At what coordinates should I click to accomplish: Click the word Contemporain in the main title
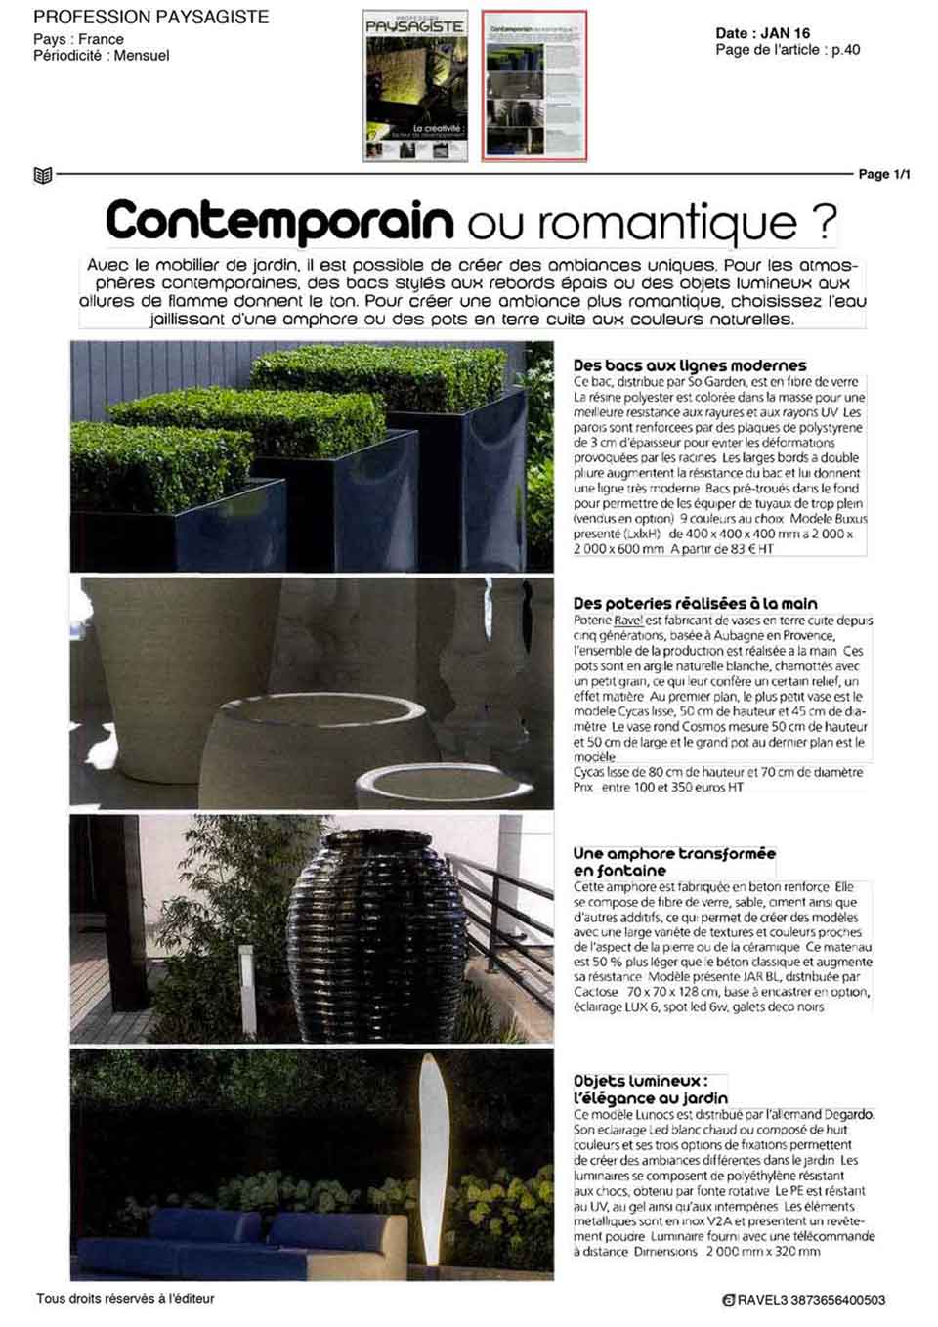[278, 221]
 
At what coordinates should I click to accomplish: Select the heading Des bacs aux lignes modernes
[690, 365]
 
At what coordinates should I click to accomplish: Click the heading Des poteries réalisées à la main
[695, 603]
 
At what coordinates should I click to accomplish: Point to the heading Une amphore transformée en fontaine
[673, 861]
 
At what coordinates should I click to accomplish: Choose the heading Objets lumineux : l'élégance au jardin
[650, 1089]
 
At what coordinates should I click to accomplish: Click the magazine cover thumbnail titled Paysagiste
[415, 86]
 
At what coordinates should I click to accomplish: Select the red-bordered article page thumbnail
[534, 86]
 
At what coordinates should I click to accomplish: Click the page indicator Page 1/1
[883, 175]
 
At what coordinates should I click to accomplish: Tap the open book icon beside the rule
[42, 176]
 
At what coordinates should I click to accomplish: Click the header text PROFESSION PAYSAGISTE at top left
[150, 18]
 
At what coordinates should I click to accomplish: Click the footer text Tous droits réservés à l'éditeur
[125, 1299]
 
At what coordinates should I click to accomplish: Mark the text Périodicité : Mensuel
[101, 56]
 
